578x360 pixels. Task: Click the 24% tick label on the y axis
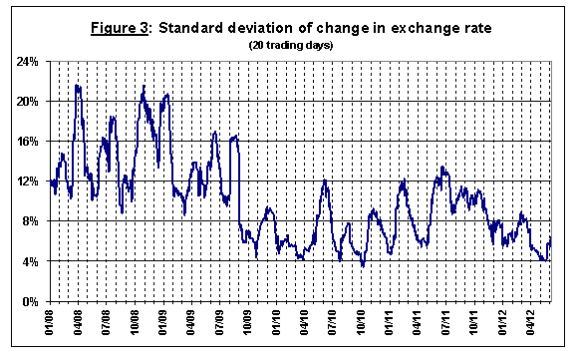(28, 61)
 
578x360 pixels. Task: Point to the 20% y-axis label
(28, 102)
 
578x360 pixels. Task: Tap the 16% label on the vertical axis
(28, 142)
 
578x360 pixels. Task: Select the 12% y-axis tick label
(28, 181)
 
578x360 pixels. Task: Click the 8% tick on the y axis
(31, 221)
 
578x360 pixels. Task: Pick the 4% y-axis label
(31, 262)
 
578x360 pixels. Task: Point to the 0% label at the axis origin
(31, 302)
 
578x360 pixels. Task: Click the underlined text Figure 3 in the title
(120, 28)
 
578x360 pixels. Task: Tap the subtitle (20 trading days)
(291, 45)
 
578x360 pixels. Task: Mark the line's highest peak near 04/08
(77, 85)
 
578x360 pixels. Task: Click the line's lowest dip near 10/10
(363, 266)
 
